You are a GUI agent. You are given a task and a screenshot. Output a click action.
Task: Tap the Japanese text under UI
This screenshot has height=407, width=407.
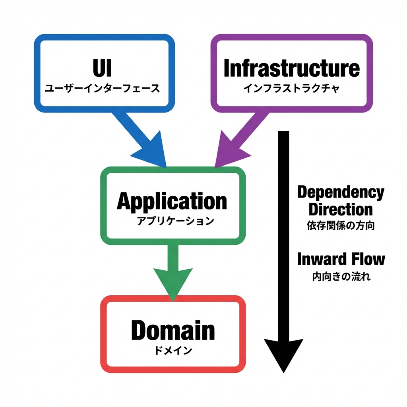pyautogui.click(x=102, y=88)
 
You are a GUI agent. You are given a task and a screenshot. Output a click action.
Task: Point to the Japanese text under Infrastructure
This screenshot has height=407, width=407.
pyautogui.click(x=291, y=88)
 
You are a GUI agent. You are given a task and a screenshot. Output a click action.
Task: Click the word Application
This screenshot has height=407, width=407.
pyautogui.click(x=172, y=201)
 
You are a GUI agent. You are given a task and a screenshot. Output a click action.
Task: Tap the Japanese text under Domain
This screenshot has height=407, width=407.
pyautogui.click(x=173, y=351)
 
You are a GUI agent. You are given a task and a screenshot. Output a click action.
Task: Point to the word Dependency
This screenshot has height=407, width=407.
pyautogui.click(x=341, y=192)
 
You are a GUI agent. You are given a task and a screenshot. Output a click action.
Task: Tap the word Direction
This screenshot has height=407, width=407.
pyautogui.click(x=341, y=209)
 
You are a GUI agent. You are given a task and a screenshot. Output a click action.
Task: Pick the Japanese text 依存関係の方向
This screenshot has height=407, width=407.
pyautogui.click(x=341, y=226)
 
